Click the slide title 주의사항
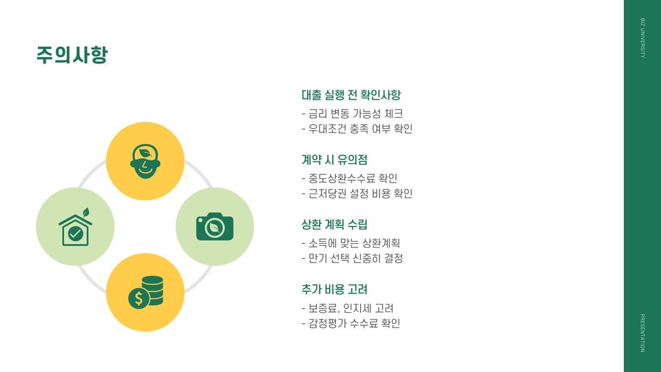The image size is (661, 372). (x=72, y=55)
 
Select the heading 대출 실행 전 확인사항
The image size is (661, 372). (x=351, y=95)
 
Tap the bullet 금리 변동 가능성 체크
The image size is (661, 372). (x=353, y=114)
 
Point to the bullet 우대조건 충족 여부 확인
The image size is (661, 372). (x=357, y=129)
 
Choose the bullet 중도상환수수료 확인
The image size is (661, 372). (x=350, y=178)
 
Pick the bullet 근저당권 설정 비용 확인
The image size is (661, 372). (x=357, y=194)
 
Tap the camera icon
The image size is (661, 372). (x=215, y=226)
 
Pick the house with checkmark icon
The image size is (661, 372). (x=75, y=230)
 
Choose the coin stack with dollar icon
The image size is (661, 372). (x=146, y=292)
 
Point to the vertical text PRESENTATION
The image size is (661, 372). (x=642, y=333)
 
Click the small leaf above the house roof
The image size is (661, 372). (x=86, y=212)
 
